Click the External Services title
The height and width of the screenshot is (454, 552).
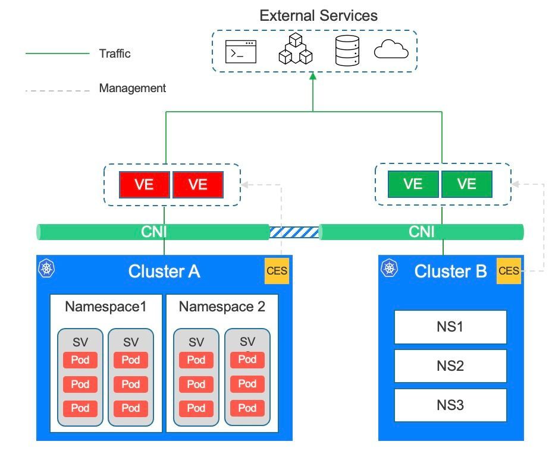[318, 15]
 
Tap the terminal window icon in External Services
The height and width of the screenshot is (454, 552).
[241, 52]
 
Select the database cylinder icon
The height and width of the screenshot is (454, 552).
[347, 51]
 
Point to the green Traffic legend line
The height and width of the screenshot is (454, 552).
[57, 53]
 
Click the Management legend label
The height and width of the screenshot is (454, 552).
[132, 89]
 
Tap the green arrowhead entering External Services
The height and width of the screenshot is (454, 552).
[313, 77]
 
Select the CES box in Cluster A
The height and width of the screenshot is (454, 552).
[277, 271]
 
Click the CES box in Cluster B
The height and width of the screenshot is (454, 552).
[509, 271]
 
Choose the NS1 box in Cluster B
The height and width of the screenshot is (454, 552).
[450, 327]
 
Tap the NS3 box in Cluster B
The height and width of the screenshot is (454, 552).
[450, 405]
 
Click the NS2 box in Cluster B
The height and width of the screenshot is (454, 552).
[450, 366]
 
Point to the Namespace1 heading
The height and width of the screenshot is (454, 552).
[105, 307]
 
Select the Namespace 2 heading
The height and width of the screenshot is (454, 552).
[222, 307]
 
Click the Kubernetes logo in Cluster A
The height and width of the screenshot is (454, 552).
[46, 269]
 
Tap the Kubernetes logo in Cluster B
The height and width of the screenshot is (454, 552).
[389, 269]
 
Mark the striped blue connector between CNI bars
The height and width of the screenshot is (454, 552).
[294, 232]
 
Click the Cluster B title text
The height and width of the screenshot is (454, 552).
[450, 272]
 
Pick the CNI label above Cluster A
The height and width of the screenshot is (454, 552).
[153, 232]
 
